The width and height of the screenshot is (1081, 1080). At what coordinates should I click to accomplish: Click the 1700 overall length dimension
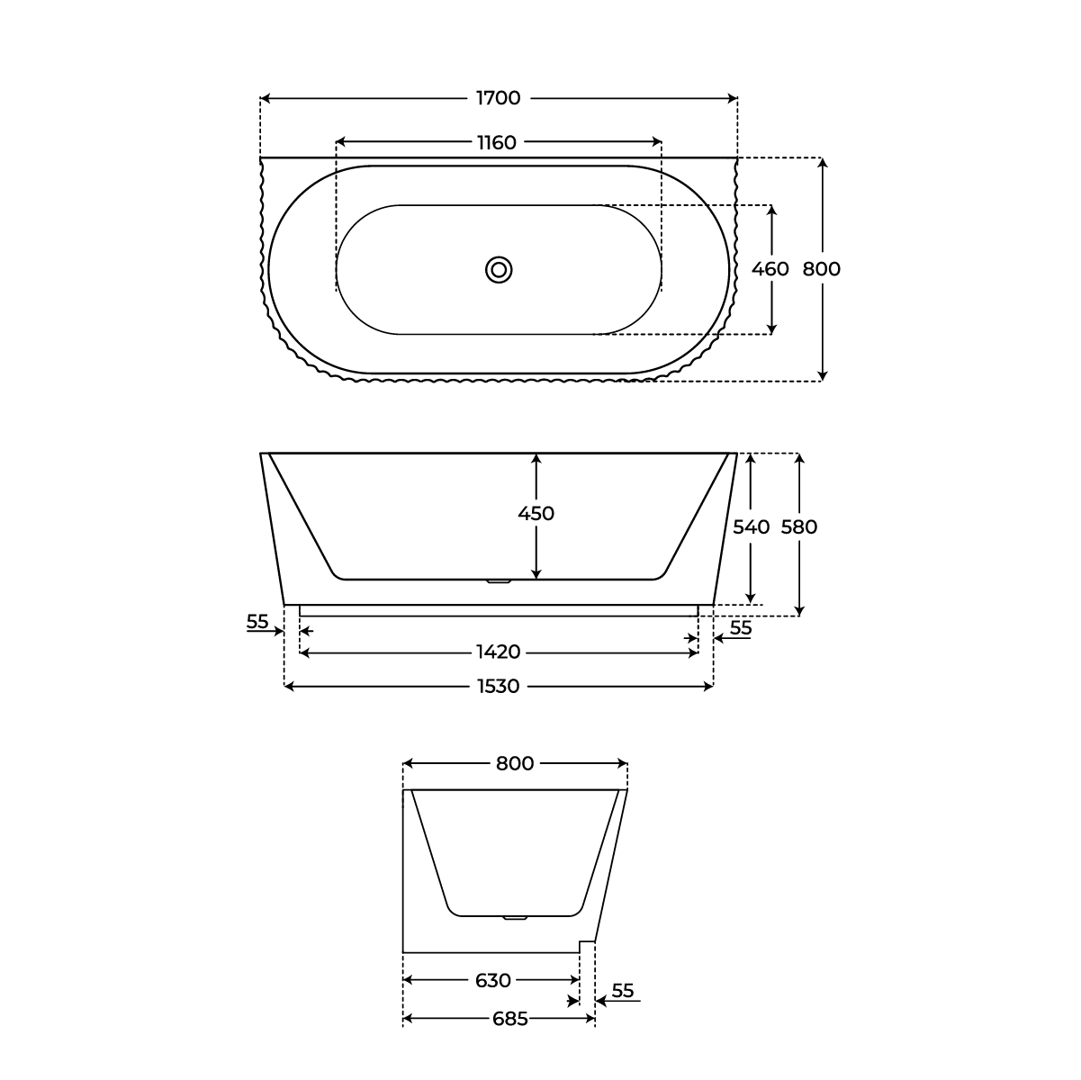pyautogui.click(x=498, y=98)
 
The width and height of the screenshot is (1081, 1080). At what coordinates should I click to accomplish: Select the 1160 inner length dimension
pyautogui.click(x=498, y=142)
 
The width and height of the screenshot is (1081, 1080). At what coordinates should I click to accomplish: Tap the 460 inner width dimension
pyautogui.click(x=770, y=269)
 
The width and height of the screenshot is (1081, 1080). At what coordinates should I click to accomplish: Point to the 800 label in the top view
pyautogui.click(x=821, y=269)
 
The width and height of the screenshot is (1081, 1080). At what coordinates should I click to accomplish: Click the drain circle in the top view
pyautogui.click(x=499, y=269)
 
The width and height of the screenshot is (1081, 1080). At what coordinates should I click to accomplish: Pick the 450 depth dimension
pyautogui.click(x=536, y=514)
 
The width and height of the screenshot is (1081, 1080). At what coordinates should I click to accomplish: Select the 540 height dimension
pyautogui.click(x=751, y=527)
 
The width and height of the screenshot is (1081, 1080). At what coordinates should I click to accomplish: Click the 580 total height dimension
pyautogui.click(x=798, y=527)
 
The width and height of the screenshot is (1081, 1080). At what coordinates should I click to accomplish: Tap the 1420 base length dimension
pyautogui.click(x=498, y=652)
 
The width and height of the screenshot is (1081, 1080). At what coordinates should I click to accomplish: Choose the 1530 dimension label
pyautogui.click(x=498, y=687)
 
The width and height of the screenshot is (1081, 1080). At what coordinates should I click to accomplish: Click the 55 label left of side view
pyautogui.click(x=257, y=621)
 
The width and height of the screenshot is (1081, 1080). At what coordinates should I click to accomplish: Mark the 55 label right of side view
pyautogui.click(x=740, y=628)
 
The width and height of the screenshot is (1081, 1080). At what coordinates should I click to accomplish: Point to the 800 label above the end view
pyautogui.click(x=515, y=764)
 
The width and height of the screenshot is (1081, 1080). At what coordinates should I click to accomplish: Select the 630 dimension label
pyautogui.click(x=492, y=980)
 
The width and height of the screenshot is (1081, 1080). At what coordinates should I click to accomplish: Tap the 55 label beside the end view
pyautogui.click(x=623, y=991)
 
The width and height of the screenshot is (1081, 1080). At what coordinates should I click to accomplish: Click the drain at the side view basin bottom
pyautogui.click(x=499, y=581)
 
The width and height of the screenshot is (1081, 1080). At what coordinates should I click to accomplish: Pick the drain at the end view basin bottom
pyautogui.click(x=514, y=918)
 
